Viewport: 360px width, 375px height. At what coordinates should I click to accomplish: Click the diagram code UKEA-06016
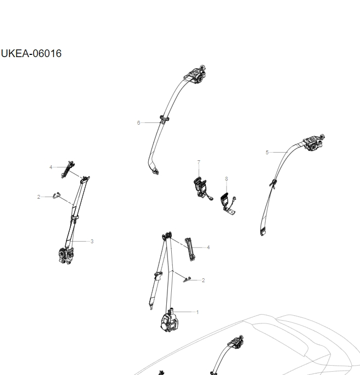(x=31, y=53)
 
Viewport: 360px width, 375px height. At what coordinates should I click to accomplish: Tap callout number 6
(x=139, y=122)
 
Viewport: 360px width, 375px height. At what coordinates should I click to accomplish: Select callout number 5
(x=267, y=152)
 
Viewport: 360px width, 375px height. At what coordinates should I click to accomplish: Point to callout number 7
(x=199, y=162)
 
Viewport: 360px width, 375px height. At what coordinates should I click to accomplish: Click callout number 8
(x=226, y=178)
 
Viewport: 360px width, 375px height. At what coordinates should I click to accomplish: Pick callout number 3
(x=92, y=241)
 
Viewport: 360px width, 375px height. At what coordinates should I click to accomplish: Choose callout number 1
(x=197, y=312)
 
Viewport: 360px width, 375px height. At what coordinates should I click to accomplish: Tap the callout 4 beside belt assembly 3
(x=50, y=166)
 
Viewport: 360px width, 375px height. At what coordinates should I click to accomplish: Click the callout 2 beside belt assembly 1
(x=203, y=280)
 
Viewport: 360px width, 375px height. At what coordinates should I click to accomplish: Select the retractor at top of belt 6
(x=197, y=74)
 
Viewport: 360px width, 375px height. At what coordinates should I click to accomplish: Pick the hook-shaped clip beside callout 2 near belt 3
(x=57, y=195)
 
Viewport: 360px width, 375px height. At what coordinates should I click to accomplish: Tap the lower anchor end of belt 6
(x=156, y=171)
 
